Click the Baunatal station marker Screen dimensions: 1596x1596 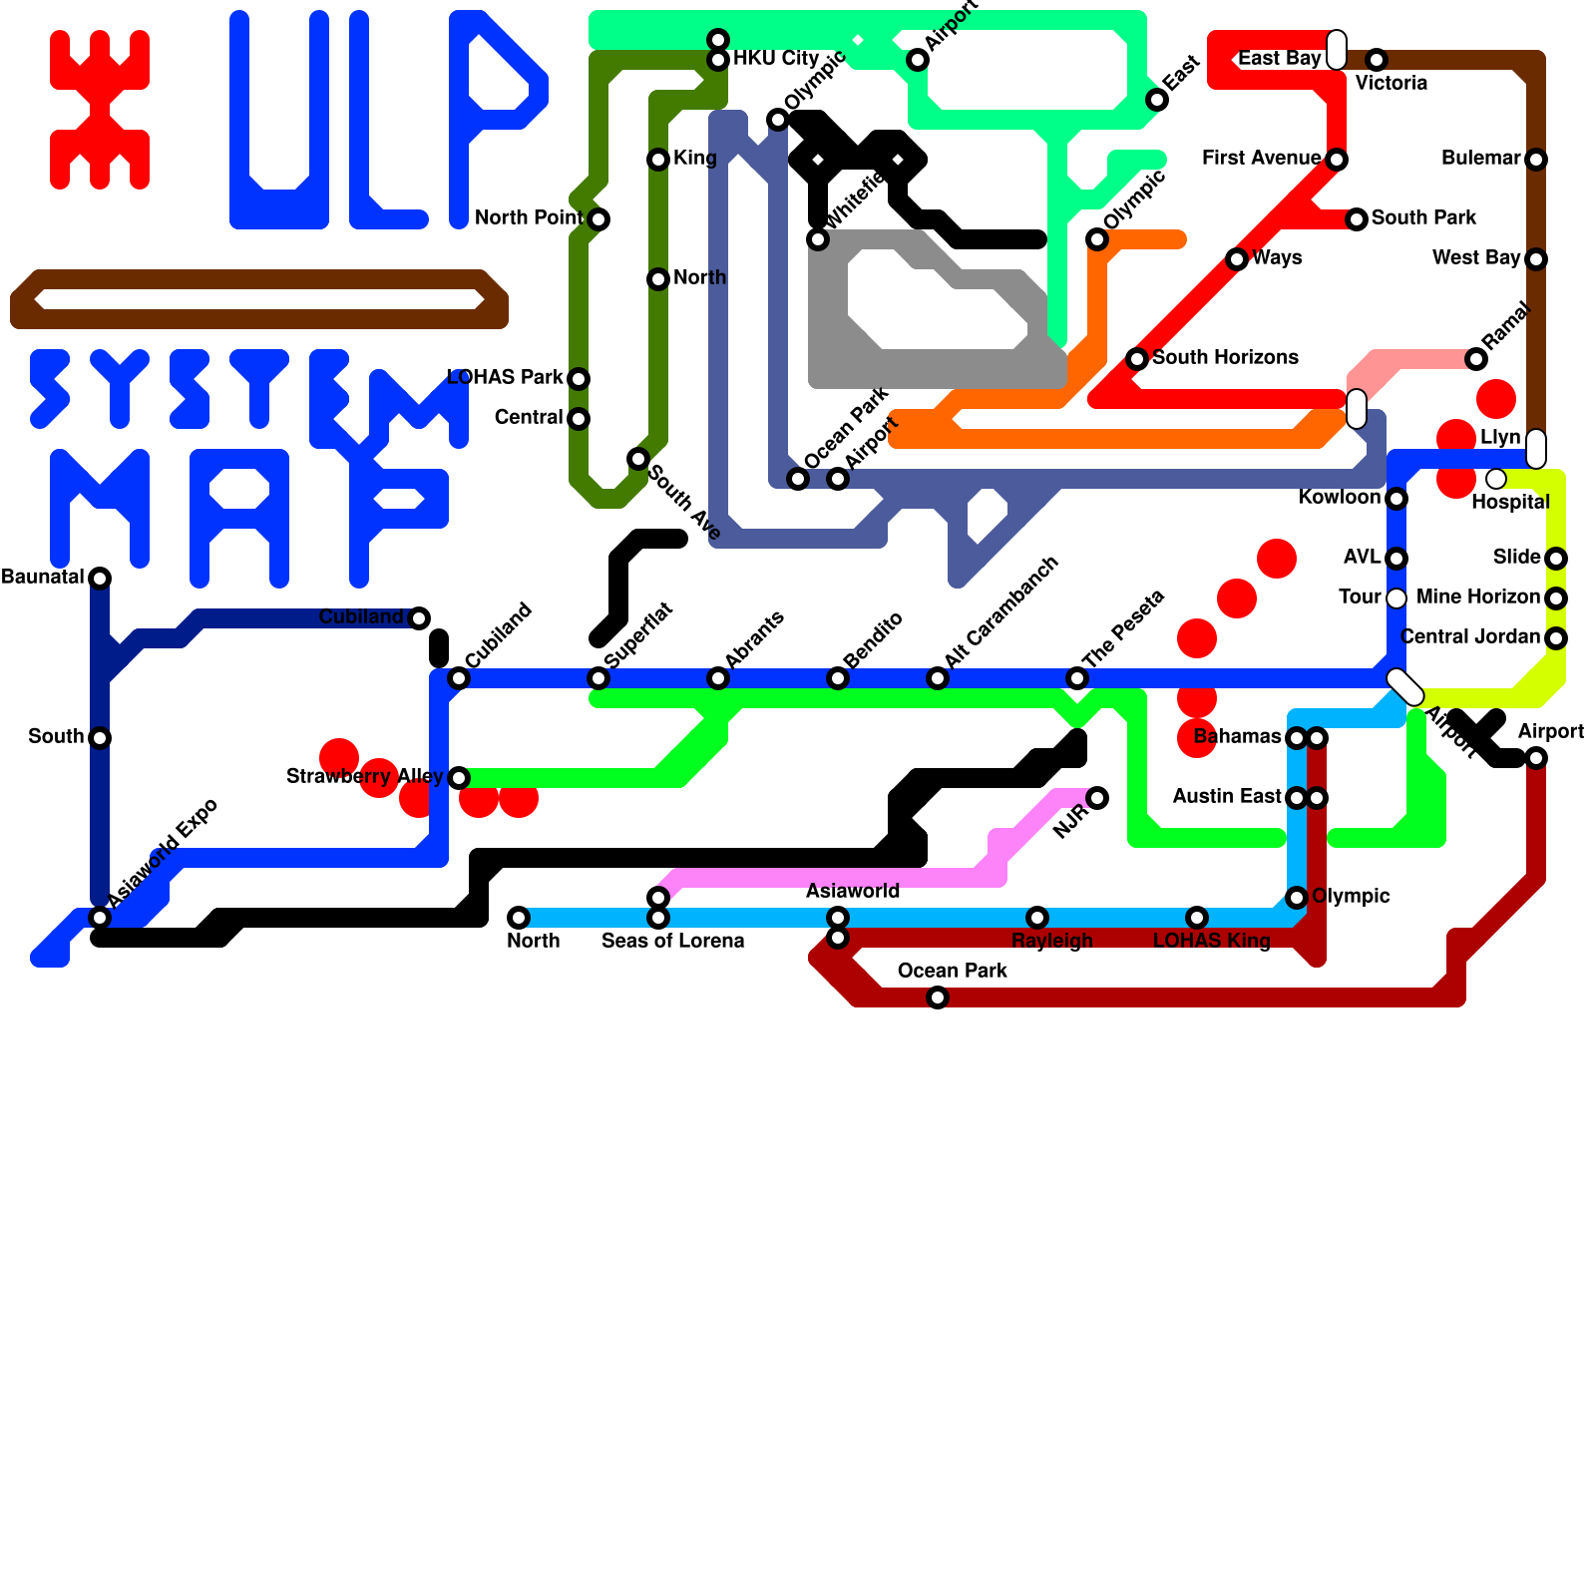click(x=100, y=579)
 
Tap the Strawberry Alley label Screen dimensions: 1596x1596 click(x=364, y=776)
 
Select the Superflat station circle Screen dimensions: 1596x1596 click(x=598, y=678)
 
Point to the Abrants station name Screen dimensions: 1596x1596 click(x=754, y=639)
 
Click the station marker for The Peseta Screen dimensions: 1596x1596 click(x=1077, y=678)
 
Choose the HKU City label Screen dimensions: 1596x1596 click(x=776, y=59)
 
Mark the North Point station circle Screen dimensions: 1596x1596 click(x=598, y=219)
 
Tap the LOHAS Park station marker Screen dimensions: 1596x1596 click(x=579, y=379)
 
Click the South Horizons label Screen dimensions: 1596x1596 click(x=1225, y=358)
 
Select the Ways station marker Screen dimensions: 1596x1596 click(x=1237, y=259)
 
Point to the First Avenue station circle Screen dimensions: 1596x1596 click(x=1337, y=160)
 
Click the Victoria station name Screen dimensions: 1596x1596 click(x=1392, y=84)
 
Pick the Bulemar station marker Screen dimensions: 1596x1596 click(x=1536, y=160)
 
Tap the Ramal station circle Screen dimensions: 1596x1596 click(x=1476, y=359)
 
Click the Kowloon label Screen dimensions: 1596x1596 click(x=1339, y=498)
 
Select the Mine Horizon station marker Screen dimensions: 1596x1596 click(x=1556, y=598)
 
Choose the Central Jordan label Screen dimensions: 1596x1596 click(x=1470, y=637)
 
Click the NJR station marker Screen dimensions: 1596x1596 click(x=1097, y=798)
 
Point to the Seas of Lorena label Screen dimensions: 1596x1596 click(x=672, y=942)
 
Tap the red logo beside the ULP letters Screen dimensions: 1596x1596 click(x=100, y=110)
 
